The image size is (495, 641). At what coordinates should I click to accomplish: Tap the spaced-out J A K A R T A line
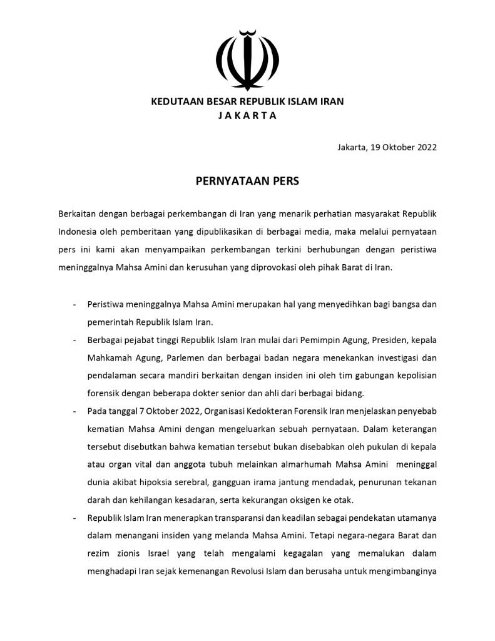[x=247, y=115]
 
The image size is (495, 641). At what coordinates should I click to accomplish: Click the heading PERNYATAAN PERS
[x=247, y=182]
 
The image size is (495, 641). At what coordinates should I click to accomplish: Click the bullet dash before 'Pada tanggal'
[x=75, y=411]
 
